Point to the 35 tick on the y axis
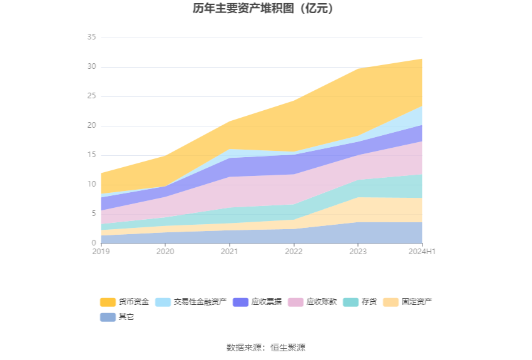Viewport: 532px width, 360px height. pyautogui.click(x=91, y=38)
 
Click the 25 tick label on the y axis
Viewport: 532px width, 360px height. pyautogui.click(x=91, y=96)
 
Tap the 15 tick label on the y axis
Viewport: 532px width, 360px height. pyautogui.click(x=91, y=155)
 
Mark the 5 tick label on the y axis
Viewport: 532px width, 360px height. pyautogui.click(x=93, y=213)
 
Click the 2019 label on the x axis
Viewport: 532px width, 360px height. pyautogui.click(x=101, y=251)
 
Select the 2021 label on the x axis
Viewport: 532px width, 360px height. pyautogui.click(x=229, y=251)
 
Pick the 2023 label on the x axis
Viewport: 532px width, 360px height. pyautogui.click(x=357, y=251)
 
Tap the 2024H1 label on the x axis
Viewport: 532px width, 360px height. pyautogui.click(x=422, y=251)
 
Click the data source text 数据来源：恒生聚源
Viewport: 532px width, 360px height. pyautogui.click(x=266, y=347)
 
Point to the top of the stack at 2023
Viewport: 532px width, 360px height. pyautogui.click(x=358, y=69)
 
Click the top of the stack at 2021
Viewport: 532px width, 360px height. pyautogui.click(x=229, y=121)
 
